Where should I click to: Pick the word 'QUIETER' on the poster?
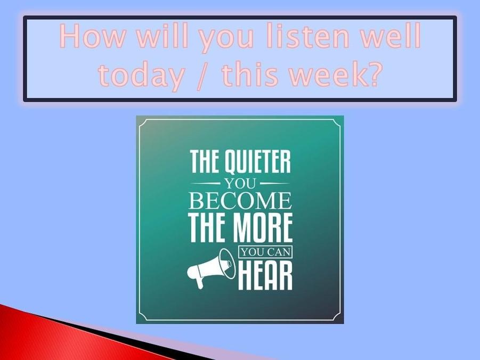coord(258,161)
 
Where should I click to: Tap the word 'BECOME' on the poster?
coord(240,201)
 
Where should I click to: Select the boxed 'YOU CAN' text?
coord(265,252)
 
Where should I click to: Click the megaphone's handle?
coord(199,282)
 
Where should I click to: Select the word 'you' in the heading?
coord(226,39)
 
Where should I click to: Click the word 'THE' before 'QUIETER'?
coord(206,161)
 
